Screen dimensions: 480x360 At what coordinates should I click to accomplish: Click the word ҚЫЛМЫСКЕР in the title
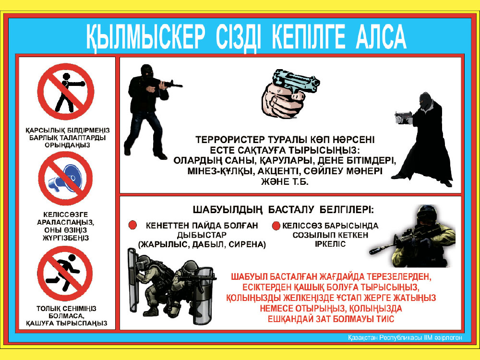[145, 37]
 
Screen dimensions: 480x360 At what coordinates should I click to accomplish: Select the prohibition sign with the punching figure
[65, 91]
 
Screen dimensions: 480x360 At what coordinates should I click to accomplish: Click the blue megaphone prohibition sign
[65, 179]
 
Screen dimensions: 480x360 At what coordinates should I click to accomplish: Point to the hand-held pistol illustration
[290, 94]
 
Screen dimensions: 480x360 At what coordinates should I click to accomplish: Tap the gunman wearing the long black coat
[425, 139]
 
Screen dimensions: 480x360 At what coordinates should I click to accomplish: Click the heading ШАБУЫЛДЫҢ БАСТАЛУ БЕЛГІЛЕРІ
[283, 210]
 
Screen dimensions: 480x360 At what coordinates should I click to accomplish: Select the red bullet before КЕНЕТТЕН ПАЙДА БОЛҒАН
[132, 225]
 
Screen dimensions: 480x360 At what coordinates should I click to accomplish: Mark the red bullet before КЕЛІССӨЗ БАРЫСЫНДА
[276, 226]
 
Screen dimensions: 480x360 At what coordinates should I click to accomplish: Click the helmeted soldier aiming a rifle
[412, 236]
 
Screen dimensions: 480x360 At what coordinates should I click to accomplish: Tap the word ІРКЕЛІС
[330, 244]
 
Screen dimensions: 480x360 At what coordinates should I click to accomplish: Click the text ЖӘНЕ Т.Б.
[284, 182]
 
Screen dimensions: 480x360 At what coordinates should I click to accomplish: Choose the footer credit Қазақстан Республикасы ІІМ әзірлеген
[405, 337]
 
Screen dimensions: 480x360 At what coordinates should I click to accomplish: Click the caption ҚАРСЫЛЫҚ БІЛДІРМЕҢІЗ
[68, 131]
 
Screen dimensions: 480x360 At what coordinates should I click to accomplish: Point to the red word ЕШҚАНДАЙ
[291, 319]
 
